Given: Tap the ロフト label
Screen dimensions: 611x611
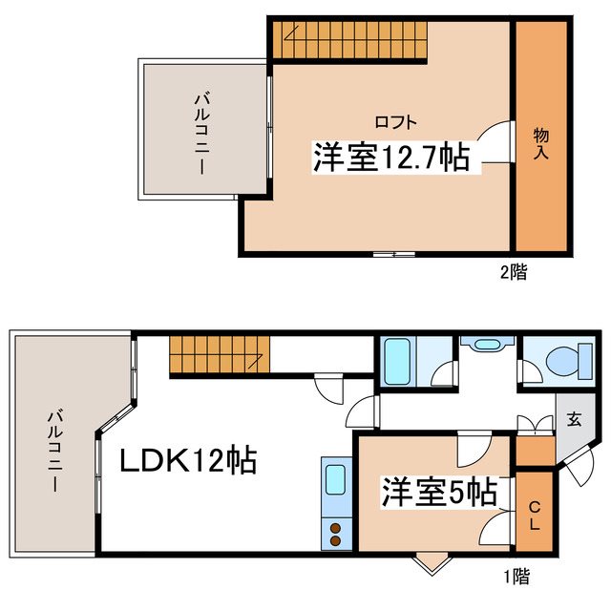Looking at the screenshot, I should click(394, 121).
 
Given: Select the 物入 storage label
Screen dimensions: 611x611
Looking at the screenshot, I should click(540, 143).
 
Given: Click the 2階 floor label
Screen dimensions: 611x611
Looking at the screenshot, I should click(513, 271).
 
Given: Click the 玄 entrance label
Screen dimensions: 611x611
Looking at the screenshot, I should click(574, 419).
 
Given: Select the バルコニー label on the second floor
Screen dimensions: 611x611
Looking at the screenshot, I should click(202, 132).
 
